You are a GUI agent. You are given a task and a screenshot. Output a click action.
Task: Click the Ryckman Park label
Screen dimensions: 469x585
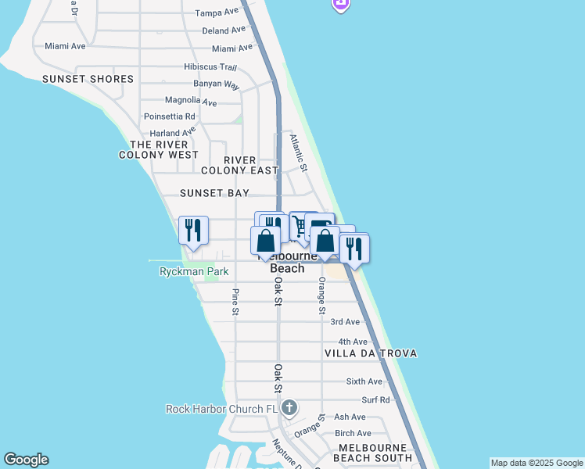tap(193, 272)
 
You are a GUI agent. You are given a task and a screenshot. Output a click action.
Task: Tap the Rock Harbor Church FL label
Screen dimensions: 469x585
tap(222, 409)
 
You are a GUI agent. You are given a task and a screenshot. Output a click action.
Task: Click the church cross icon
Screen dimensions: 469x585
tap(289, 407)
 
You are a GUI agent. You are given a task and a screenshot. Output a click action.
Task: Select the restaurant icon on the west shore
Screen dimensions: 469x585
tap(193, 230)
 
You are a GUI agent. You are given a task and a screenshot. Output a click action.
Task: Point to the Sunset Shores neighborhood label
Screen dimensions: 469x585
tap(88, 79)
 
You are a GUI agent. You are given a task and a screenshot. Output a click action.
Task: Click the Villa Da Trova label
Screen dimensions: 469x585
tap(371, 353)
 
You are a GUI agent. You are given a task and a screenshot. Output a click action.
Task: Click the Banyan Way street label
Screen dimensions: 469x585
tap(217, 84)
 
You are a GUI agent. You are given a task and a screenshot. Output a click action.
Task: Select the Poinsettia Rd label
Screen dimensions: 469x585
tap(169, 116)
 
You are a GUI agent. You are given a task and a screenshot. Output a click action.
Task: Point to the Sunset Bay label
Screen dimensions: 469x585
tap(214, 193)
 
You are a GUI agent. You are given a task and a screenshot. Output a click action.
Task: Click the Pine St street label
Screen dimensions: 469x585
tap(235, 302)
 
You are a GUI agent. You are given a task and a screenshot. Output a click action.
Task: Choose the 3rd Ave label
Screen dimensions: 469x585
tap(345, 321)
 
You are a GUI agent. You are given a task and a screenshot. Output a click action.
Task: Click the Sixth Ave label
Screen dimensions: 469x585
tap(364, 381)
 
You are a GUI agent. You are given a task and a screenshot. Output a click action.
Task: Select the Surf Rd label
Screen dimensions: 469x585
tap(375, 399)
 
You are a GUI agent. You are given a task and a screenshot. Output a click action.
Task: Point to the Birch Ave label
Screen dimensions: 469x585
tap(353, 433)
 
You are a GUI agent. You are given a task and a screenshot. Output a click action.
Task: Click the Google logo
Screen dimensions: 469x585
tap(26, 460)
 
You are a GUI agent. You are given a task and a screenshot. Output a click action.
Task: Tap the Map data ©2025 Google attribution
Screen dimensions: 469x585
tap(537, 463)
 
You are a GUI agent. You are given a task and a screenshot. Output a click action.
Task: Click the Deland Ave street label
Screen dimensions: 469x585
tap(224, 30)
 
